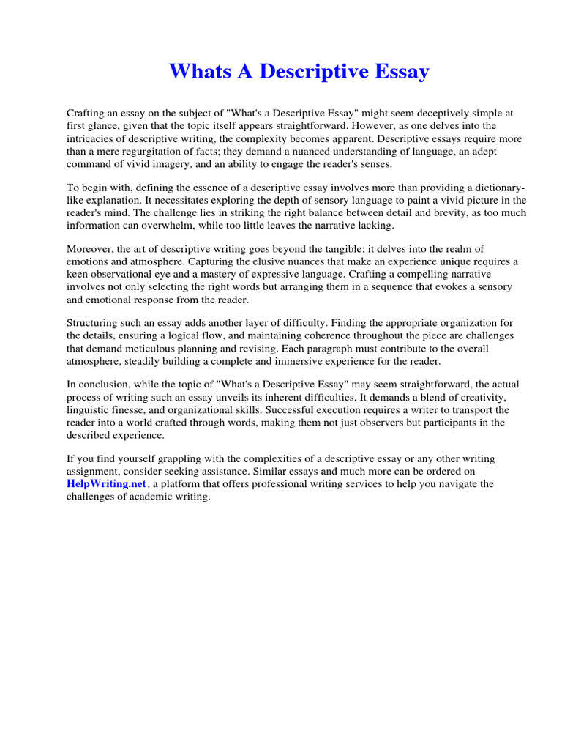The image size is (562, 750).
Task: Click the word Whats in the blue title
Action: click(x=197, y=72)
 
